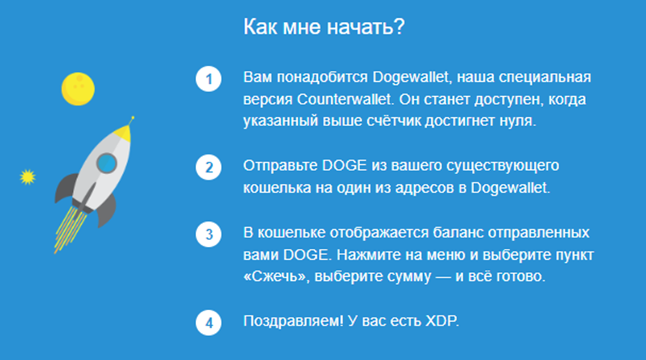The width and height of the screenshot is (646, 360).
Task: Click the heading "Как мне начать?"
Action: [x=324, y=27]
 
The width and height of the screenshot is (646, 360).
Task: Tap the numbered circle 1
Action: [x=209, y=79]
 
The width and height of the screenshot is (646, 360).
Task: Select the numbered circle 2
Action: [x=209, y=168]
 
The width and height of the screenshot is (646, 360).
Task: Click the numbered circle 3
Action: [x=209, y=235]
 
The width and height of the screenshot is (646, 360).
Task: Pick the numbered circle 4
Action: [x=209, y=322]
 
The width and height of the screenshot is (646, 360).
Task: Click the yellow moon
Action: [x=78, y=89]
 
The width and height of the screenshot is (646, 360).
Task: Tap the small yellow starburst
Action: [x=28, y=177]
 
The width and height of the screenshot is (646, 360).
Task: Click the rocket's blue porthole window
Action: [x=107, y=163]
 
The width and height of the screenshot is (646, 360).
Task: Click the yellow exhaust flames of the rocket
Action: [x=70, y=229]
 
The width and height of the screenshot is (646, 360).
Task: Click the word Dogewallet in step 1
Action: [x=410, y=77]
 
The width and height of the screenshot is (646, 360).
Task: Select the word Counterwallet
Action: [x=343, y=100]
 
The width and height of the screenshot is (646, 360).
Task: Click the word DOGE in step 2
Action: [x=344, y=166]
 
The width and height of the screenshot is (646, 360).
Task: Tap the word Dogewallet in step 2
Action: [x=509, y=187]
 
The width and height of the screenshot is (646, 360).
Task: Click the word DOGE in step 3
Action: [x=306, y=255]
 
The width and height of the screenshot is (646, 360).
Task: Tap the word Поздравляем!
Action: [x=293, y=321]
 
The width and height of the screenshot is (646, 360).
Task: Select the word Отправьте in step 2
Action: [x=280, y=166]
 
